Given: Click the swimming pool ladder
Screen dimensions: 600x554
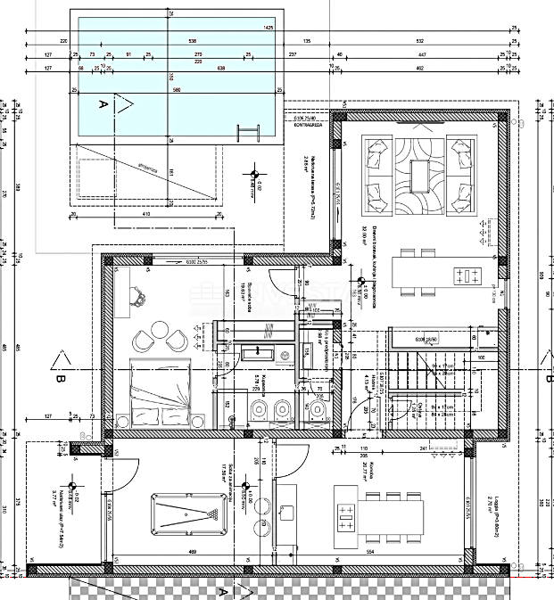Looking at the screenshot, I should [x=244, y=132].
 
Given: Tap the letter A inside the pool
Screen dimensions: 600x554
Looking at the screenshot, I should [x=102, y=105].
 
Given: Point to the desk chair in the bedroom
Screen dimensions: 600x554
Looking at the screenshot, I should [x=141, y=298].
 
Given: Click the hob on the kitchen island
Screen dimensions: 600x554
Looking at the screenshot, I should [x=467, y=274].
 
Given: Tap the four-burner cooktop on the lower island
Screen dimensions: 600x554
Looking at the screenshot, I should [x=346, y=519].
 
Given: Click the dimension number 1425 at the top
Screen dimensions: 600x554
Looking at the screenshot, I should [x=268, y=28].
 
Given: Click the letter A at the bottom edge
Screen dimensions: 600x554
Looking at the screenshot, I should [x=224, y=590].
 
